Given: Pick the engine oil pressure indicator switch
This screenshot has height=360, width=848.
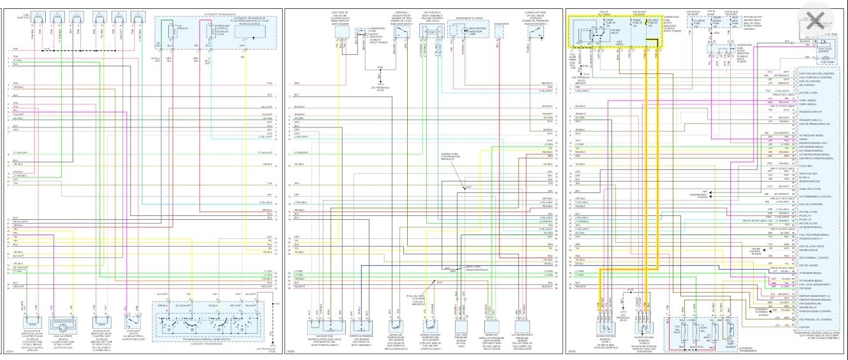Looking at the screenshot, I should click(x=531, y=30).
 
